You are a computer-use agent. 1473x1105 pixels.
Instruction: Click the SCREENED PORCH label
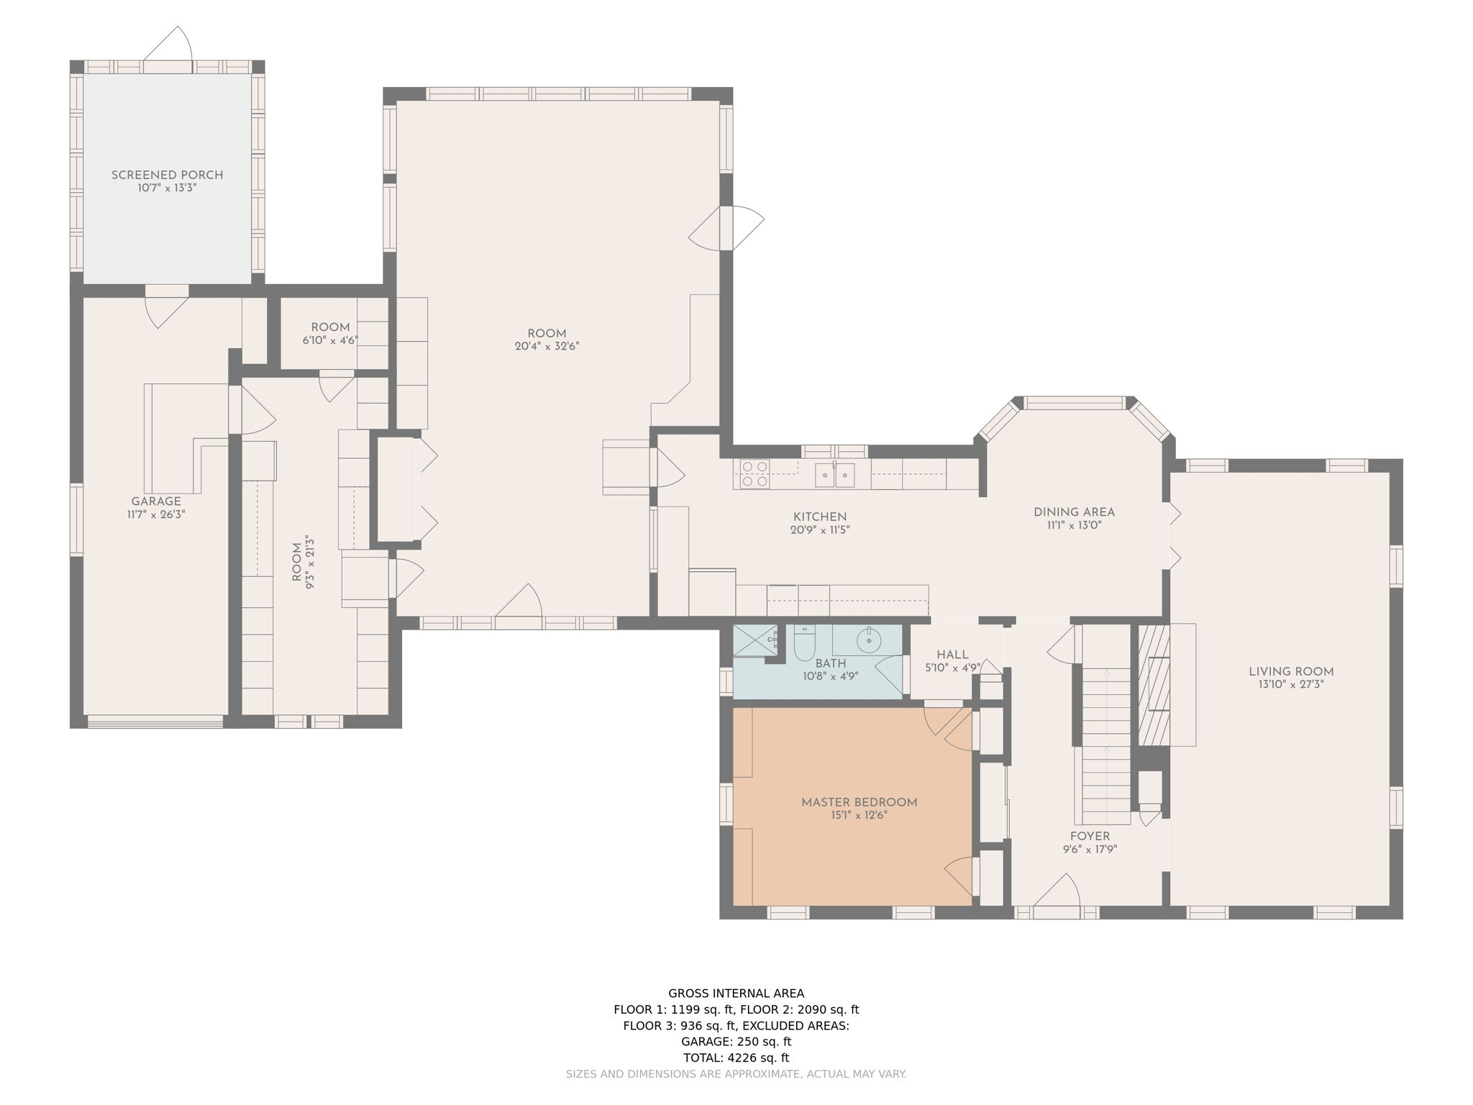click(167, 175)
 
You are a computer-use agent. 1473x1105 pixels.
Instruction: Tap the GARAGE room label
click(156, 501)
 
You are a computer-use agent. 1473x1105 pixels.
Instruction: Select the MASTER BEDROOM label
click(859, 802)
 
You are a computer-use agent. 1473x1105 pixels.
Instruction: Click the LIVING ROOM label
click(1291, 671)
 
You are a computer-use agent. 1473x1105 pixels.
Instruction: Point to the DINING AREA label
click(1075, 512)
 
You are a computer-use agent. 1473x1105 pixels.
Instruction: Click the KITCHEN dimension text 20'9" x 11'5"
click(820, 530)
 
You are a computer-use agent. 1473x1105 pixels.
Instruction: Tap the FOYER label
click(1090, 836)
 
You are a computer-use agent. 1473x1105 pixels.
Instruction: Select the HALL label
click(952, 655)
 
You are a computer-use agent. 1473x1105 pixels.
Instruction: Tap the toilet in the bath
click(803, 642)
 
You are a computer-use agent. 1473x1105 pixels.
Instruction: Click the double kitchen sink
click(834, 475)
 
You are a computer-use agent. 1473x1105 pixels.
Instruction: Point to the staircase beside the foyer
click(1106, 745)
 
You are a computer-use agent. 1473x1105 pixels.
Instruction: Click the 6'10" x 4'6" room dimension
click(330, 340)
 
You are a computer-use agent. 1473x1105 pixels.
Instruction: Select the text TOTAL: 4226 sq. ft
click(736, 1058)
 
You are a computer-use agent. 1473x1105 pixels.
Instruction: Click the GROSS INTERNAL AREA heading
click(736, 993)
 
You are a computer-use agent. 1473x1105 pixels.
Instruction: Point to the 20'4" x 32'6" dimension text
click(547, 346)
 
